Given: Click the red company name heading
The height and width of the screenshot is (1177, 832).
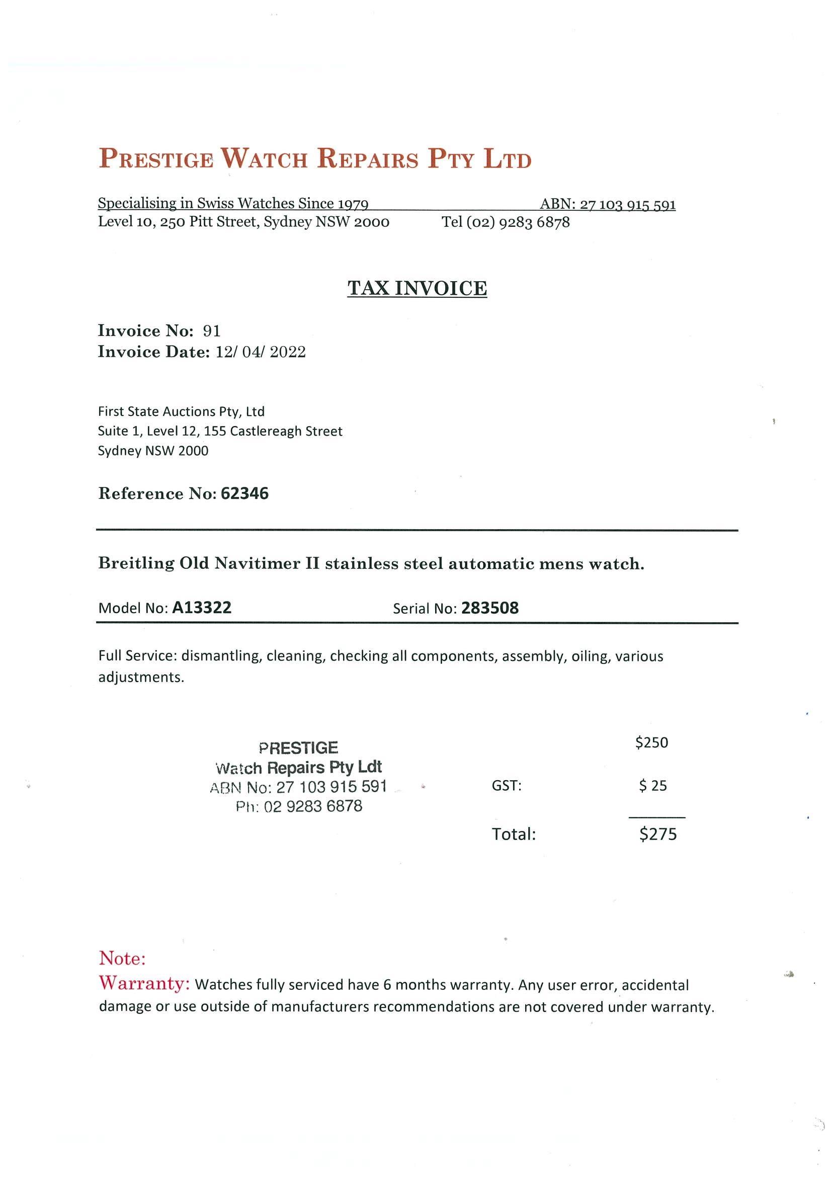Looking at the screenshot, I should pyautogui.click(x=315, y=158).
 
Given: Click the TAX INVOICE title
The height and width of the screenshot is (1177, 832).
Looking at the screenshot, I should pyautogui.click(x=417, y=288).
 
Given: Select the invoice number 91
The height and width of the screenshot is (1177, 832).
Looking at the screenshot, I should pyautogui.click(x=212, y=330).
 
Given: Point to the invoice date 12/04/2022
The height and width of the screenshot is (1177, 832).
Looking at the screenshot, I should pyautogui.click(x=261, y=352).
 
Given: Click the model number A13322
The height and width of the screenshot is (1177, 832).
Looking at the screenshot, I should pyautogui.click(x=202, y=608).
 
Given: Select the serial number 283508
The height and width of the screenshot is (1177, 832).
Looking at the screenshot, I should pyautogui.click(x=489, y=609).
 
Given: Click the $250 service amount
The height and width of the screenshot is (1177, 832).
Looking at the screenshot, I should pyautogui.click(x=651, y=743).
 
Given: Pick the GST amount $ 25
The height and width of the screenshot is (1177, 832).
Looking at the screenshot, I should pyautogui.click(x=652, y=786).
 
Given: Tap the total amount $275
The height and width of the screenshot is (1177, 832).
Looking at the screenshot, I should pyautogui.click(x=658, y=834).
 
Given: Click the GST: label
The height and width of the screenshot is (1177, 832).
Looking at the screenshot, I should pyautogui.click(x=507, y=786).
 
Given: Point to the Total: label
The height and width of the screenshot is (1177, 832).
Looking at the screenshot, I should pyautogui.click(x=514, y=834).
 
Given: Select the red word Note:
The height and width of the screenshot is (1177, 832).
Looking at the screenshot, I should pyautogui.click(x=123, y=958).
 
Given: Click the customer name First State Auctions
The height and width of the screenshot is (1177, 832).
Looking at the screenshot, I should pyautogui.click(x=181, y=411).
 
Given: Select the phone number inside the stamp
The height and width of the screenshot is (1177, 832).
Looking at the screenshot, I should pyautogui.click(x=313, y=806).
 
